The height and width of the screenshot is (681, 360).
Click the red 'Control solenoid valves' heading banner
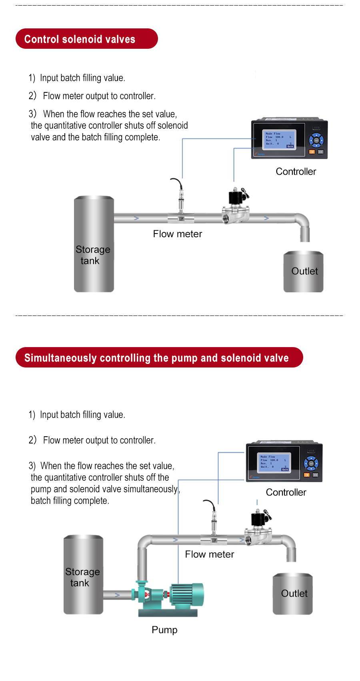pos(86,39)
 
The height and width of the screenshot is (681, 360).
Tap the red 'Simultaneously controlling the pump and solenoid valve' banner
pos(159,357)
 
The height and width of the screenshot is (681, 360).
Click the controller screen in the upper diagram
pos(279,140)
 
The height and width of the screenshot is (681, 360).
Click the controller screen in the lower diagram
pos(274,463)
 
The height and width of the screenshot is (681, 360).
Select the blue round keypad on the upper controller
pos(316,140)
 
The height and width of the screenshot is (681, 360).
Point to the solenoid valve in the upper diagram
pos(236,206)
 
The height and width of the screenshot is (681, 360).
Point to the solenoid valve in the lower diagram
pos(259,528)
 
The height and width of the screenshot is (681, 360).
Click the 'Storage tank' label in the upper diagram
pos(92,255)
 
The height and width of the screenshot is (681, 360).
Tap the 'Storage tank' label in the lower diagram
pos(82,577)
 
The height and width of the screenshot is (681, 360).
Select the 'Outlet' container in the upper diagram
pos(304,272)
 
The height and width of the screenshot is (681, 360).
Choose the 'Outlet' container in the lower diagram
pos(293,594)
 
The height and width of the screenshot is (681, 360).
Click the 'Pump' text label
pos(164,630)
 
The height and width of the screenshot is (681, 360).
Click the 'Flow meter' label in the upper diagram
pos(178,234)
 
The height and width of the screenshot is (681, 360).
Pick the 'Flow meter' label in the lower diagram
pos(209,554)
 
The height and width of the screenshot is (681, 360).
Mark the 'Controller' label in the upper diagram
pos(296,172)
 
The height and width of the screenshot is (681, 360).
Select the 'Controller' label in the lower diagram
pos(286,492)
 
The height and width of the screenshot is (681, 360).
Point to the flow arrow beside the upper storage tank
pos(136,218)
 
